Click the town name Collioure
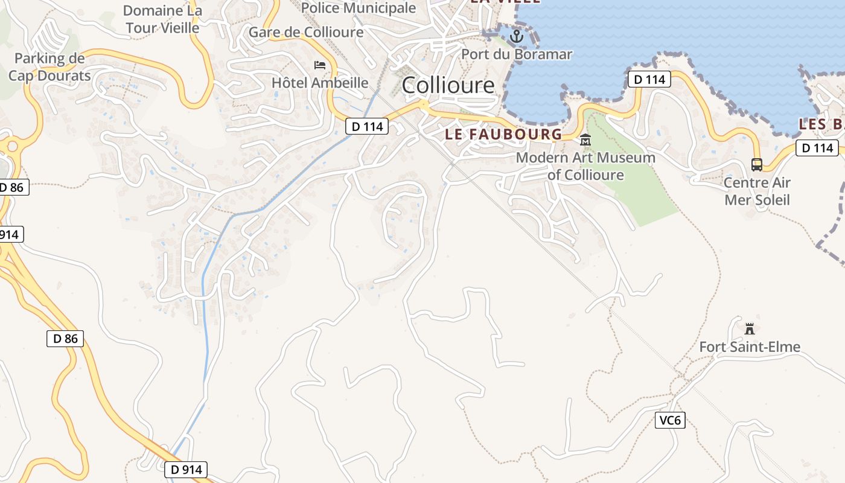(x=448, y=85)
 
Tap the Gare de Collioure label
(x=306, y=32)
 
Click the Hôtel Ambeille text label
(x=320, y=83)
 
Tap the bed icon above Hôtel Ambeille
(x=320, y=65)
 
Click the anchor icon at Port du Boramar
(x=516, y=37)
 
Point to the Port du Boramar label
(x=517, y=54)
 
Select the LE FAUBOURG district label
(x=503, y=134)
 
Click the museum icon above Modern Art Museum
(x=585, y=140)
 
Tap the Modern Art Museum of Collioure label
(x=585, y=166)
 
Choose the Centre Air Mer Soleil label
(x=757, y=191)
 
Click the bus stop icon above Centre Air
(x=757, y=164)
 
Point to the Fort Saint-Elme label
(x=750, y=347)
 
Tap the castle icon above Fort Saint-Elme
(x=750, y=329)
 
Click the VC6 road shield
(x=670, y=420)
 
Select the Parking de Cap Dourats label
(x=49, y=67)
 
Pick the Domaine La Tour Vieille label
(x=161, y=19)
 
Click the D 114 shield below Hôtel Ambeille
(x=366, y=127)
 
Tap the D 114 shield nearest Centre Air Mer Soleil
(x=817, y=148)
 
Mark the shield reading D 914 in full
(x=186, y=470)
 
